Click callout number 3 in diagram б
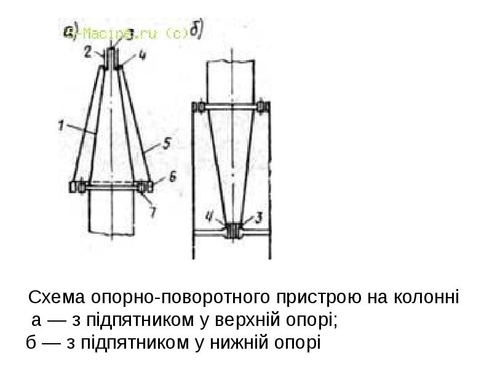[x=260, y=217]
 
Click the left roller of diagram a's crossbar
[x=79, y=186]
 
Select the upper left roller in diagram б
[x=199, y=108]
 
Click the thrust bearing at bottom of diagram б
[x=233, y=231]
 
